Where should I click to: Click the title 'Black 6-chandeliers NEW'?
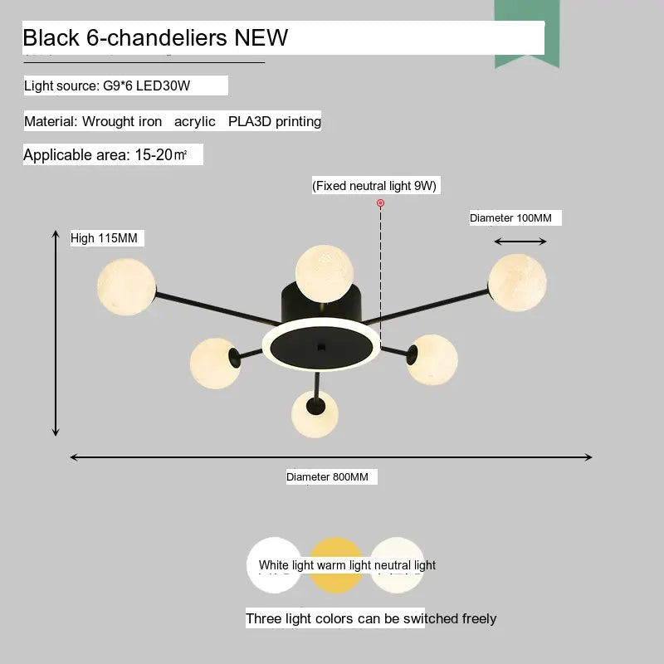(155, 37)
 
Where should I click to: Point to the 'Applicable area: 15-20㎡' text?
(105, 155)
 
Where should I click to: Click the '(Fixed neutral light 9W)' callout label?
(374, 186)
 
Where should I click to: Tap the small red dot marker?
(381, 203)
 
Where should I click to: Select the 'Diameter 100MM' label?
(510, 217)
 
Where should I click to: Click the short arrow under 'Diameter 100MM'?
(520, 242)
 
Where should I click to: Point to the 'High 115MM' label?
(104, 238)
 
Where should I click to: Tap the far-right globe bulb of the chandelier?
(517, 282)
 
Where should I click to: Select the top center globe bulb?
(325, 273)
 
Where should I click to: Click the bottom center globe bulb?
(315, 413)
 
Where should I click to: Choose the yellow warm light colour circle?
(336, 566)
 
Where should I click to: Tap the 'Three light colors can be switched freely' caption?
(371, 618)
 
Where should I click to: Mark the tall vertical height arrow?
(56, 332)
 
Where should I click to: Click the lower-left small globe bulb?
(215, 363)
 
